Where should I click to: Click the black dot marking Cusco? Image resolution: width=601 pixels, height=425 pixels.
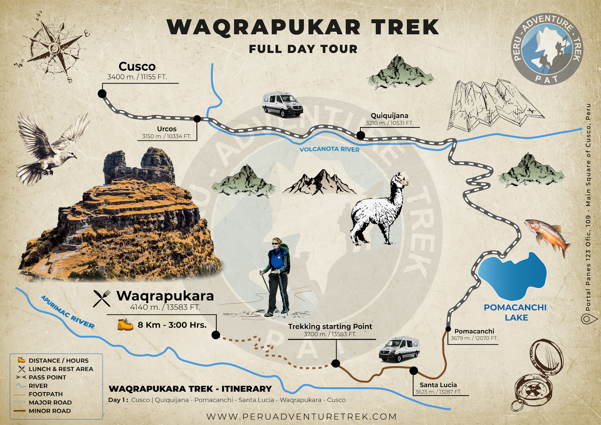[x=102, y=94]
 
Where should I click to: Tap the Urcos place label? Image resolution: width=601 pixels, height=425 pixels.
[x=167, y=129]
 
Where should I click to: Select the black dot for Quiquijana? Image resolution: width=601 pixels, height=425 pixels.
[x=361, y=135]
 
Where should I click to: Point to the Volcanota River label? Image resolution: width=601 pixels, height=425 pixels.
[x=329, y=149]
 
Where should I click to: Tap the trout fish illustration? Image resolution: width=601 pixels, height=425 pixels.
[x=547, y=237]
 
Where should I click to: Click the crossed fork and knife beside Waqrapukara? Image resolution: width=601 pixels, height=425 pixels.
[x=102, y=298]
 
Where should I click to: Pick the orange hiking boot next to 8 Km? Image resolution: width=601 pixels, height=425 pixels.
[x=125, y=325]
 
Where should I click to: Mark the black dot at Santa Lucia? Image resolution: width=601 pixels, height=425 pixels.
[x=414, y=371]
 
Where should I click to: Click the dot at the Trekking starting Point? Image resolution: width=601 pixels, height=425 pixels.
[x=336, y=363]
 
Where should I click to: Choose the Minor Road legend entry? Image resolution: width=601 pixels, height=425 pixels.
[x=49, y=411]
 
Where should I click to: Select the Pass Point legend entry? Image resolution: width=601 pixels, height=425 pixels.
[x=47, y=377]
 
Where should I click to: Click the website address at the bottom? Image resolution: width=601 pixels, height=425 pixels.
[x=301, y=417]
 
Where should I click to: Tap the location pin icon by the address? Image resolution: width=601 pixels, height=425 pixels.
[x=585, y=319]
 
